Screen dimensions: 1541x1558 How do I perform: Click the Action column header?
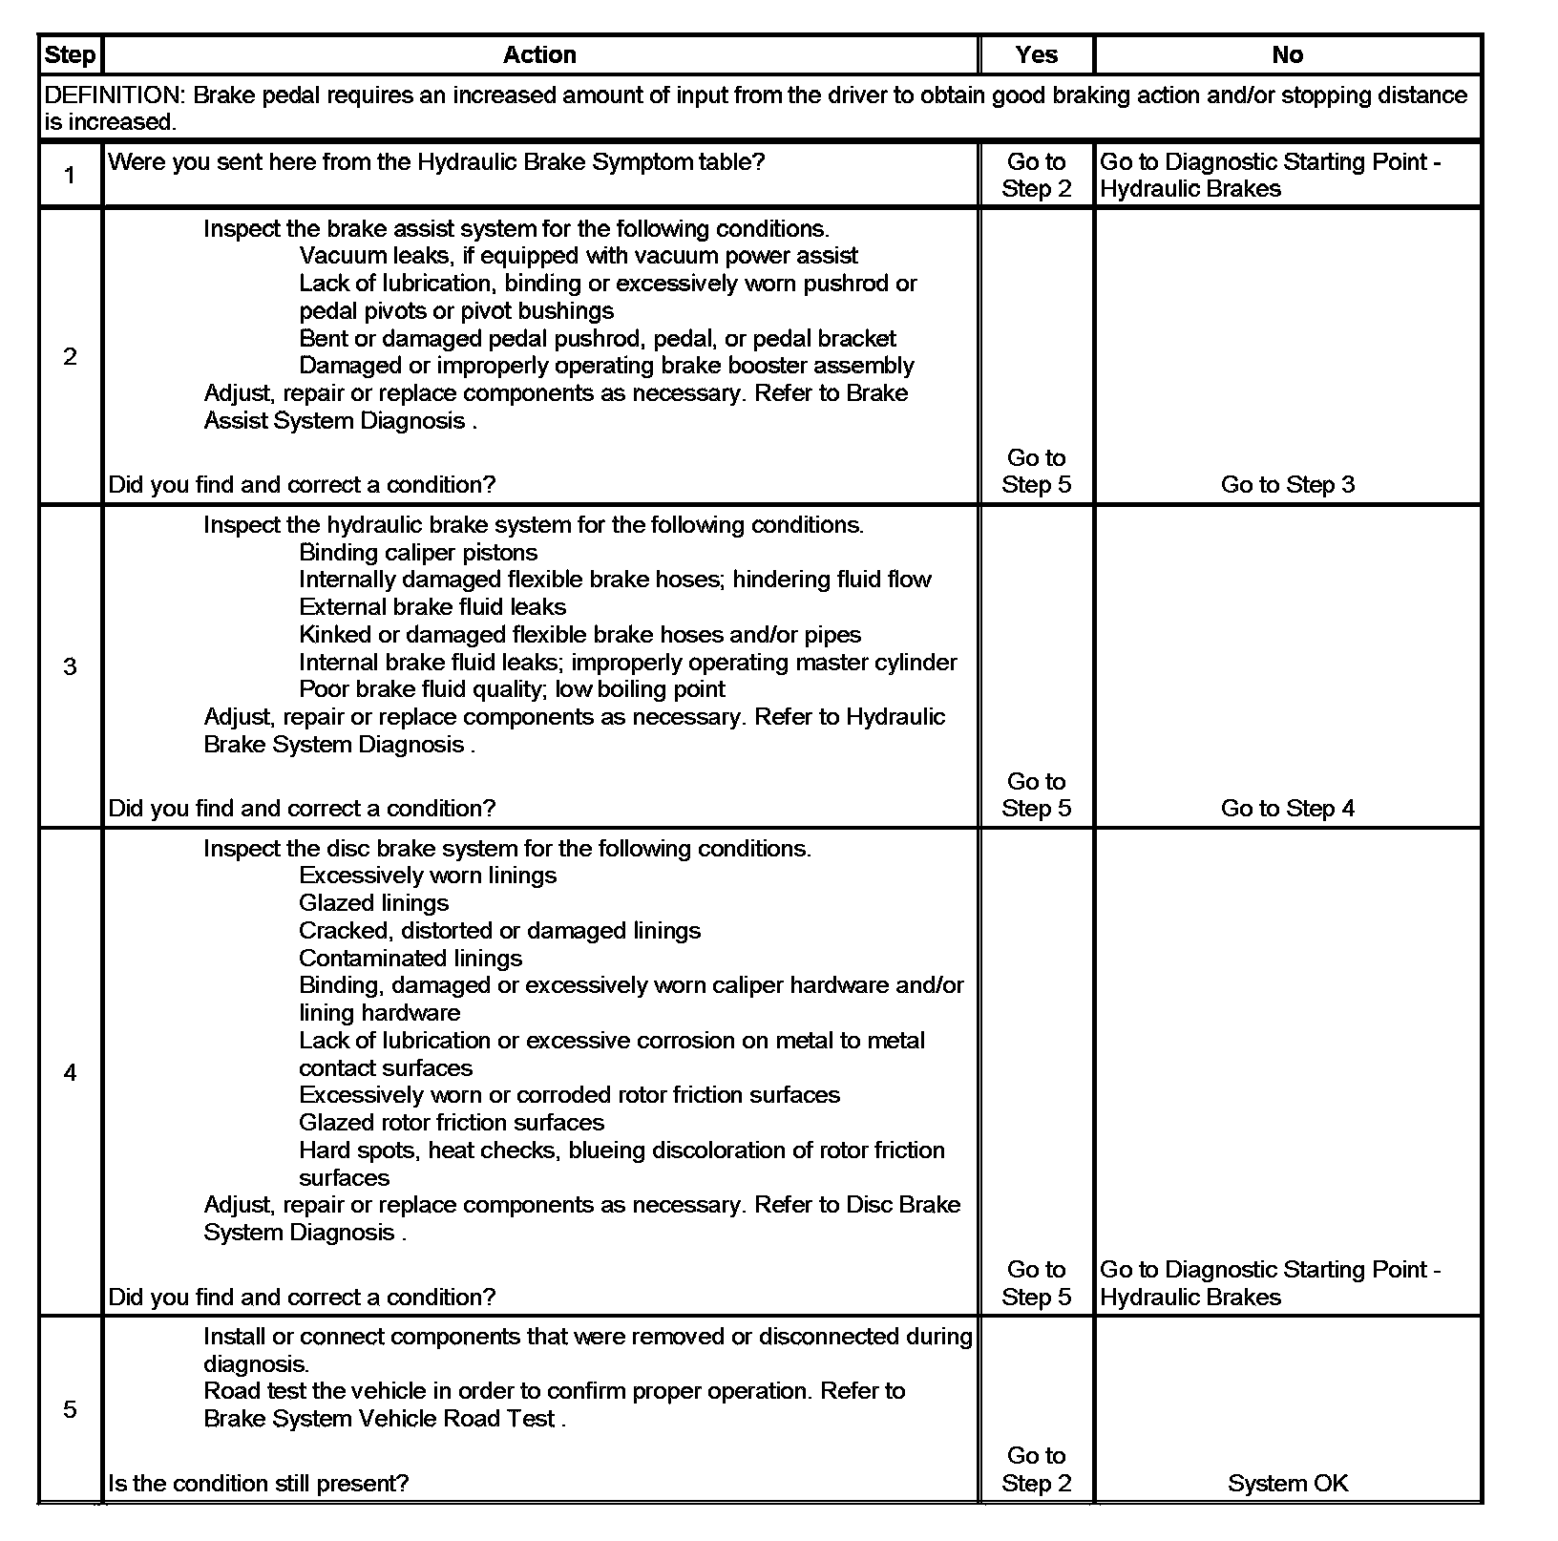539,55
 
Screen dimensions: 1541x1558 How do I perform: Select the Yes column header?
1036,55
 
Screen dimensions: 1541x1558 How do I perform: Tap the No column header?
1287,55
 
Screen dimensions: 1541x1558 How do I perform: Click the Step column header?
70,55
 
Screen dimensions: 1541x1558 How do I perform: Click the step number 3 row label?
70,666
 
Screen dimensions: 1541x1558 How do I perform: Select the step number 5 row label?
70,1409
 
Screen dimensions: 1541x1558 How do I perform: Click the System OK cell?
1288,1483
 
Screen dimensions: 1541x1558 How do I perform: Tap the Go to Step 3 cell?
1288,485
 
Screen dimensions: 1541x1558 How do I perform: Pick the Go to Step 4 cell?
1288,809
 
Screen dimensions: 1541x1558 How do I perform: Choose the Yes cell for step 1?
1036,176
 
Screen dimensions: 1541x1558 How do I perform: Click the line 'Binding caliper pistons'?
418,553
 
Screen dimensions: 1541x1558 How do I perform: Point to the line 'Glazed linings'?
373,903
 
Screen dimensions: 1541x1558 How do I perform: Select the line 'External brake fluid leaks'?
432,607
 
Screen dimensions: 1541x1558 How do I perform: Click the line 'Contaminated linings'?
411,959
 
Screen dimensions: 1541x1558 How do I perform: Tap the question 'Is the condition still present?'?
259,1483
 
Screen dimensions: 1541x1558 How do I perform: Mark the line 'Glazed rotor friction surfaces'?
452,1123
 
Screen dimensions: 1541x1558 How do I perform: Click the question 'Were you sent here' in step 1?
436,162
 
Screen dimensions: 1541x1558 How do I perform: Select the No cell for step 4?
1270,1283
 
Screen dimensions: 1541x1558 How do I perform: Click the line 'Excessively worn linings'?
428,876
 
